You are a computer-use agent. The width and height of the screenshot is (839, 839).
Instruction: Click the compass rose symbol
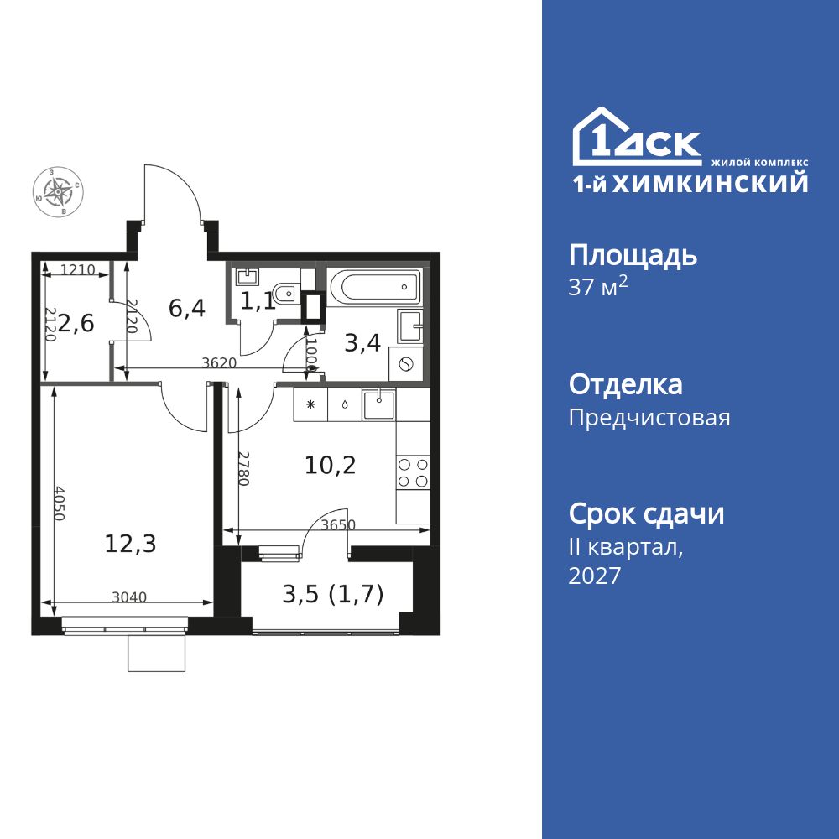coord(58,191)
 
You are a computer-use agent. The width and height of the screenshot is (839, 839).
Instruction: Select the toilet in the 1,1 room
coord(286,293)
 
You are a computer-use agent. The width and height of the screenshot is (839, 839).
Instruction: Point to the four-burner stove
coord(413,472)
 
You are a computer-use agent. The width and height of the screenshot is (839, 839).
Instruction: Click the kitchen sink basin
coord(379,404)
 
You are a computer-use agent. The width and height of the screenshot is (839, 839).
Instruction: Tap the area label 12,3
coord(130,545)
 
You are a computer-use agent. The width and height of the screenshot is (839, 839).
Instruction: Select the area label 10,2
coord(330,466)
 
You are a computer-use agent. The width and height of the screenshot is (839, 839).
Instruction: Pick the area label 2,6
coord(76,323)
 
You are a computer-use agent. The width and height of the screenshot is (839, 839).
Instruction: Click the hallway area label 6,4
coord(187,309)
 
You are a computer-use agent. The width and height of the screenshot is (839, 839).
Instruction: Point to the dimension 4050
coord(59,503)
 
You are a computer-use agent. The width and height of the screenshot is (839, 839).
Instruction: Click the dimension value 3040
coord(129,597)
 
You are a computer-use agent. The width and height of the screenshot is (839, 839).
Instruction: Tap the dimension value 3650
coord(338,525)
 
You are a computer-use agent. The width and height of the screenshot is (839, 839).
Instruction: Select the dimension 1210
coord(77,269)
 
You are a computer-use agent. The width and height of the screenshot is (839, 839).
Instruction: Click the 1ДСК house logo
coord(637,136)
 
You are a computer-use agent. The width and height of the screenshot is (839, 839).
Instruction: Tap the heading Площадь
coord(633,256)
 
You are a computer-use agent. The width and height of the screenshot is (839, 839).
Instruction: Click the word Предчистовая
coord(649,417)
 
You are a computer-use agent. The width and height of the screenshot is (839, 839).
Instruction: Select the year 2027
coord(595,576)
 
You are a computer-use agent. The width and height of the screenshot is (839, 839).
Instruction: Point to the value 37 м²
coord(597,287)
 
